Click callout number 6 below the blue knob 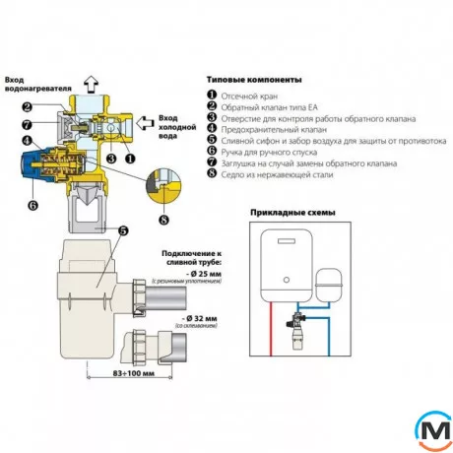(x=32, y=205)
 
